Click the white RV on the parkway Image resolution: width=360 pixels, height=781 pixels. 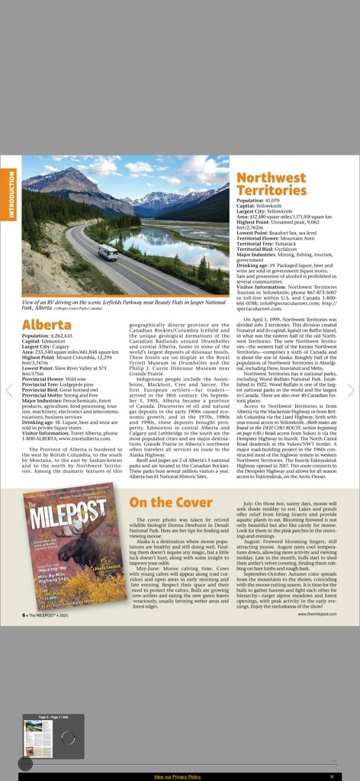pyautogui.click(x=108, y=252)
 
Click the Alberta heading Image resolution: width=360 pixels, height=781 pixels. pyautogui.click(x=47, y=325)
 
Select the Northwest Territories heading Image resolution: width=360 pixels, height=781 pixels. pyautogui.click(x=271, y=184)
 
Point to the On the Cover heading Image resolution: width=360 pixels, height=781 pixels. pyautogui.click(x=170, y=502)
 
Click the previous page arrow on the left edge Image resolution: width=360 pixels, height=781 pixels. pyautogui.click(x=9, y=390)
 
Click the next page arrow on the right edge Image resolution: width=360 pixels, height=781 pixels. pyautogui.click(x=351, y=390)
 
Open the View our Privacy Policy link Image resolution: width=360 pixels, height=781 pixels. pyautogui.click(x=177, y=776)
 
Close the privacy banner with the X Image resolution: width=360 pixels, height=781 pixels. pyautogui.click(x=332, y=776)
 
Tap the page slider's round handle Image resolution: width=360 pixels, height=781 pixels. pyautogui.click(x=25, y=763)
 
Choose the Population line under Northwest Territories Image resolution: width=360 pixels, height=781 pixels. pyautogui.click(x=258, y=201)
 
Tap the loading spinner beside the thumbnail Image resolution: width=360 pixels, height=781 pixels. pyautogui.click(x=68, y=738)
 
